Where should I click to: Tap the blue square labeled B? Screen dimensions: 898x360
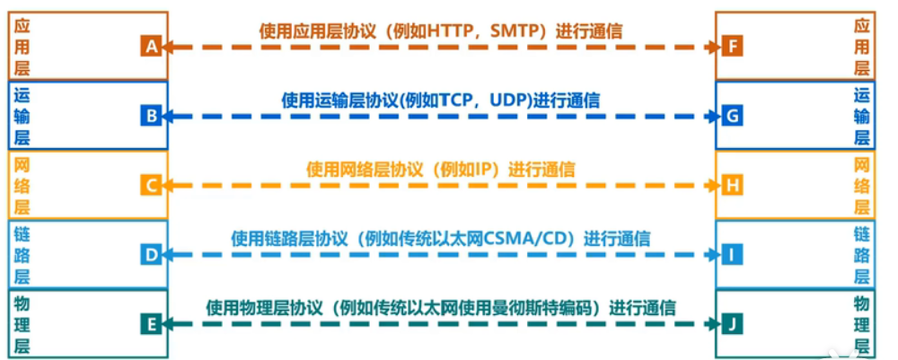click(x=151, y=116)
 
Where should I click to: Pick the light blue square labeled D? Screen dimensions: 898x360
click(x=151, y=255)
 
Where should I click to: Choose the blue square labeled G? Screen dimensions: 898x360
click(x=732, y=116)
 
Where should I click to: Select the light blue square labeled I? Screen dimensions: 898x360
click(x=732, y=255)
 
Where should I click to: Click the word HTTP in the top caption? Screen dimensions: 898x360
click(x=451, y=31)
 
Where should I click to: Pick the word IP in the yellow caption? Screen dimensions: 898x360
click(x=480, y=169)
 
